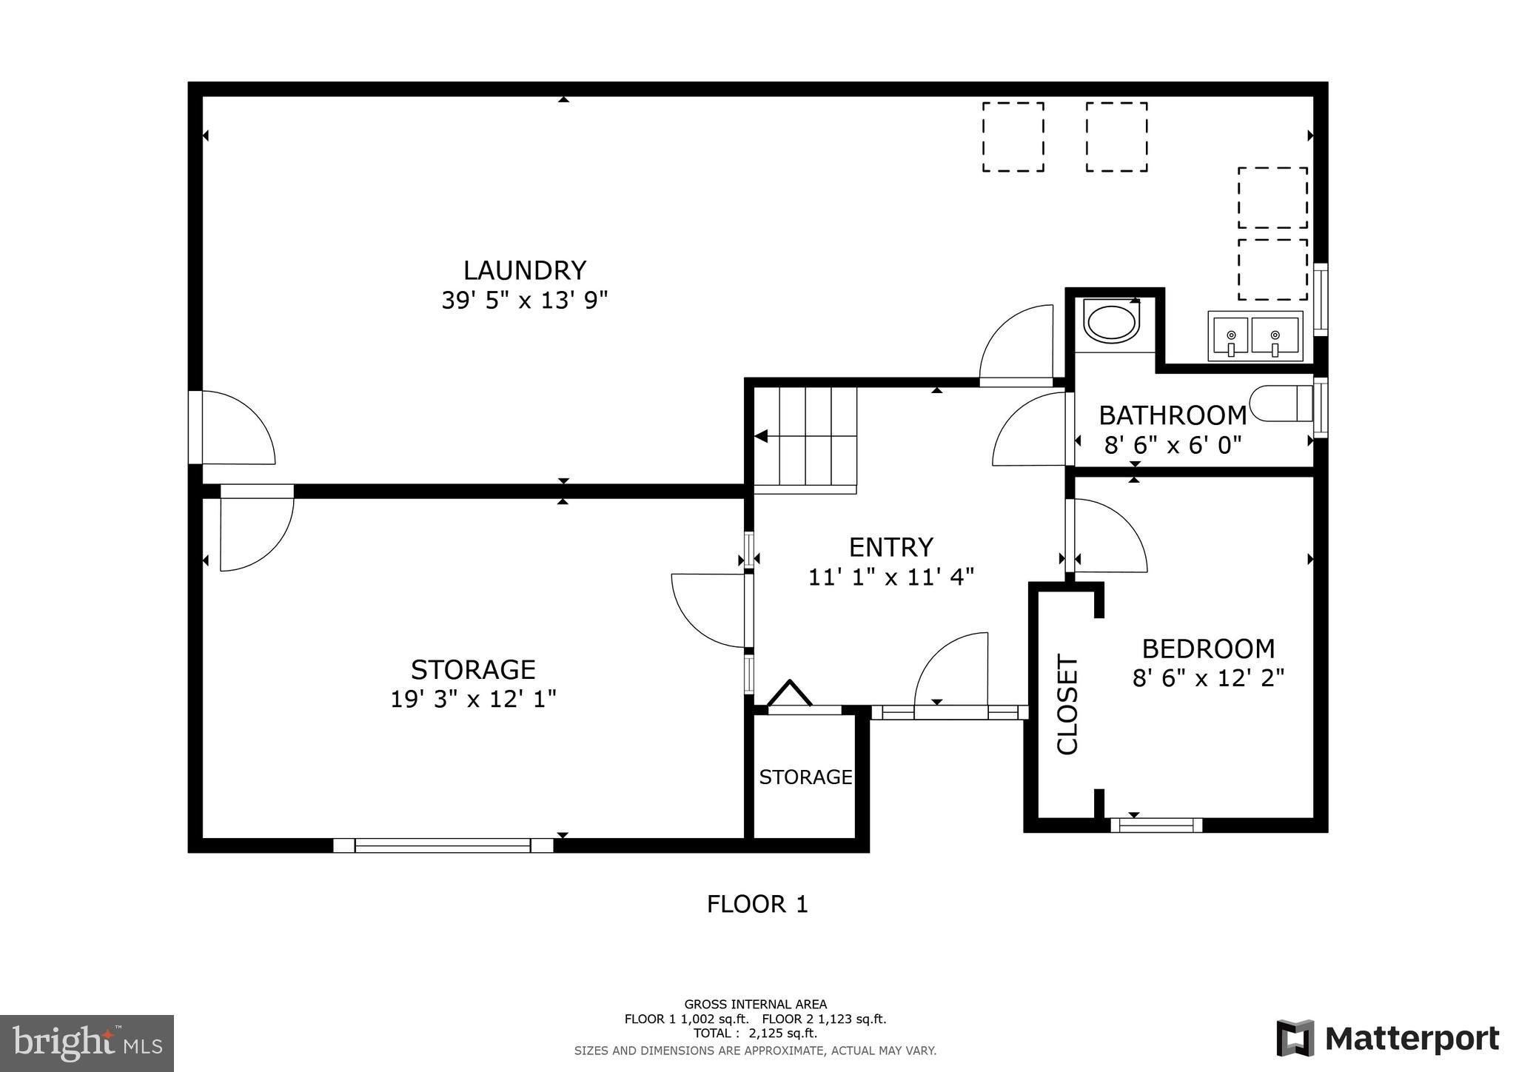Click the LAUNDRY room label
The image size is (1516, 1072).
524,270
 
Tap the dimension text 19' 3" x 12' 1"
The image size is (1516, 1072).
473,699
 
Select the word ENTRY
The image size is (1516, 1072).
891,547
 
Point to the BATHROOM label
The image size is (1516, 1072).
1173,415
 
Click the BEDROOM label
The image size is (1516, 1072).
1208,649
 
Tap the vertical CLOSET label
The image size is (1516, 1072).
1067,704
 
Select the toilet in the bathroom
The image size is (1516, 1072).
1281,403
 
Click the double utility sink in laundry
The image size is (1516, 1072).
1255,336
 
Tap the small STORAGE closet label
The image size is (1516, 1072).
805,777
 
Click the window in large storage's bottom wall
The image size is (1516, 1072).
443,845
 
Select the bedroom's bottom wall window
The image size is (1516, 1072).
1156,825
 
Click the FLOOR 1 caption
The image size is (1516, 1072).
757,904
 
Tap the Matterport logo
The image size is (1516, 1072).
1388,1039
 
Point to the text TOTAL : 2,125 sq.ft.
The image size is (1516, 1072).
755,1034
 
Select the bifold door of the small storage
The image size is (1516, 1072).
790,696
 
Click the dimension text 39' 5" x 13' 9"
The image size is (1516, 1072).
524,301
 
